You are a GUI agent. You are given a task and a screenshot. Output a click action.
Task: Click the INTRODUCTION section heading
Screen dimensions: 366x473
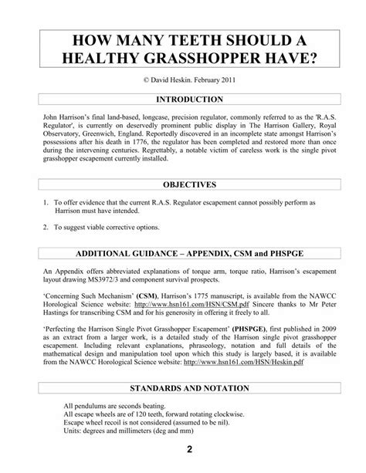point(183,100)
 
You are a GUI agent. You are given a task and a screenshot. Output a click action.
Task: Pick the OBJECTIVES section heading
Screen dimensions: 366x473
point(183,185)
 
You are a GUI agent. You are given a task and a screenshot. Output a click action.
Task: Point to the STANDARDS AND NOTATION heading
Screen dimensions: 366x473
point(183,387)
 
